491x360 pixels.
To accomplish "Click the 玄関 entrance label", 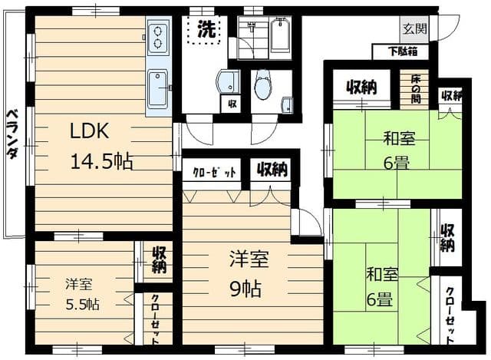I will (414, 28).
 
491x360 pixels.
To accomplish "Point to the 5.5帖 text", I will (82, 302).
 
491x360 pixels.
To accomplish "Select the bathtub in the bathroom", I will (280, 35).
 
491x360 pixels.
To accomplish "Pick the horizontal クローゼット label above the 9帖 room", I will (214, 170).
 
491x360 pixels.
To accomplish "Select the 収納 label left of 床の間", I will (361, 87).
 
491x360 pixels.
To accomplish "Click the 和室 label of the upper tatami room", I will (400, 139).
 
